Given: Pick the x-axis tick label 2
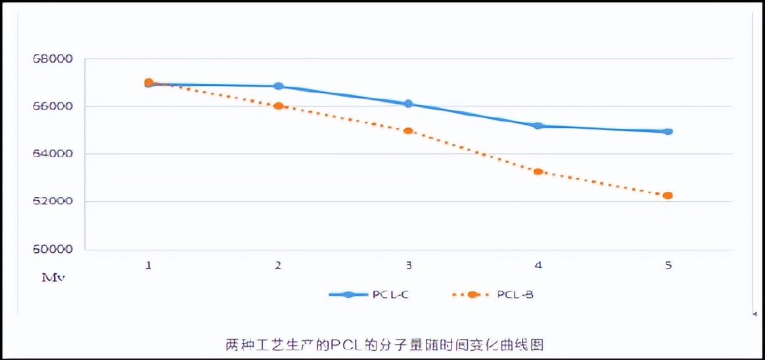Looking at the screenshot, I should tap(279, 266).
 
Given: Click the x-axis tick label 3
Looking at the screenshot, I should tap(409, 266).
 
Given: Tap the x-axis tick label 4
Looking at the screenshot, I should tap(538, 266).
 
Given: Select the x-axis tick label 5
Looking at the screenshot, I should tap(668, 266).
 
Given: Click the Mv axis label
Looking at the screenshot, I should tap(53, 278).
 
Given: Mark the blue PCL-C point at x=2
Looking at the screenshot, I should tap(279, 86).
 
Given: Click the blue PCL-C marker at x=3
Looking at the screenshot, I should tap(408, 104).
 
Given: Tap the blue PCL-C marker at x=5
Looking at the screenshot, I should tap(668, 131).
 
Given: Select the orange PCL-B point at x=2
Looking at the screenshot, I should tap(278, 106).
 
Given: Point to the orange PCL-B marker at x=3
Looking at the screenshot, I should tap(408, 131).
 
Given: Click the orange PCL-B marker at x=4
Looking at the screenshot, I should tap(538, 171).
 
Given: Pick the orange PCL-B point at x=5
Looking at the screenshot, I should tap(668, 195).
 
